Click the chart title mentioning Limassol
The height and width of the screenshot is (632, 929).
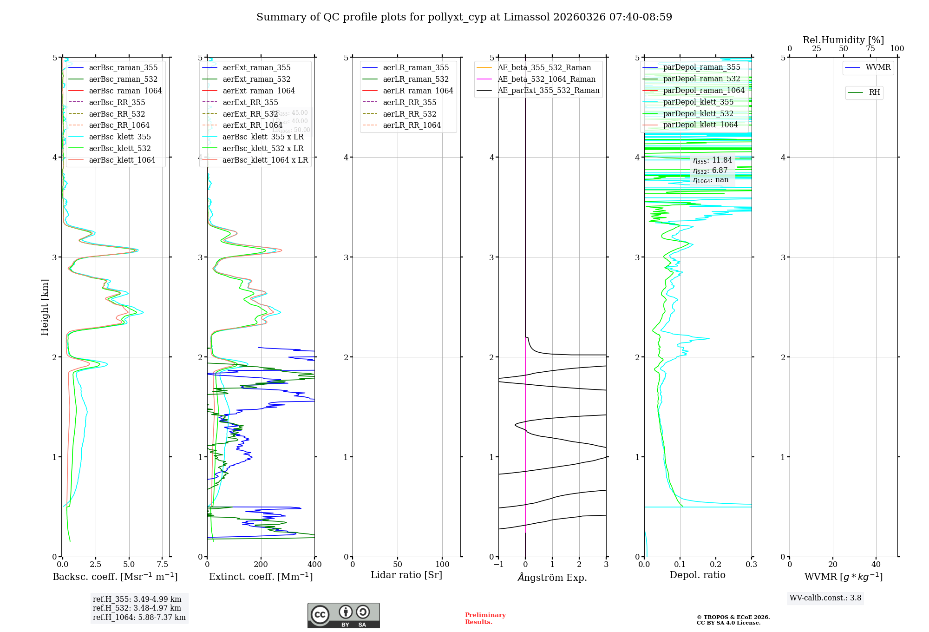coord(464,17)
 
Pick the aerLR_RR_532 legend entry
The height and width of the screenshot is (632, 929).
coord(409,114)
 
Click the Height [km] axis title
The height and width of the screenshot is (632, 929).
coord(45,307)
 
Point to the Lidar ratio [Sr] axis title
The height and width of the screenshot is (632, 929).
coord(406,575)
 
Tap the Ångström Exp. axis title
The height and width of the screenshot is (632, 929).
coord(552,577)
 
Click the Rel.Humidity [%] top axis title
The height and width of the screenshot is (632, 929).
coord(843,40)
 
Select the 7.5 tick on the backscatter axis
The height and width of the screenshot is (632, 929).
coord(162,565)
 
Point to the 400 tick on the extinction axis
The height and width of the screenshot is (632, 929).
coord(314,565)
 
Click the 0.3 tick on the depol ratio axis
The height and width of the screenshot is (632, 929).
coord(751,565)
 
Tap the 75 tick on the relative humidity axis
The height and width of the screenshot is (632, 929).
coord(870,49)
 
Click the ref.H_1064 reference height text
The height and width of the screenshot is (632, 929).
coord(139,618)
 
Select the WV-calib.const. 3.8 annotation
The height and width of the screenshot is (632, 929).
coord(825,598)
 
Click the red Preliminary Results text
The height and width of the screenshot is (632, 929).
coord(485,619)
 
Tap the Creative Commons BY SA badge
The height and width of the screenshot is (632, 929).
coord(343,615)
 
